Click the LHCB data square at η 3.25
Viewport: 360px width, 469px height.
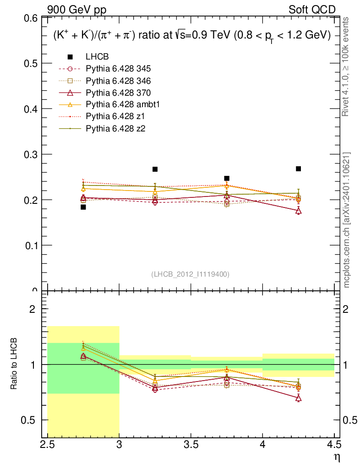[155, 169]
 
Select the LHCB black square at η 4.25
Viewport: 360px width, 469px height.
[298, 169]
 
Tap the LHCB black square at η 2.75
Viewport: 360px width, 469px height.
[83, 207]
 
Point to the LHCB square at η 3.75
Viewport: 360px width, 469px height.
[227, 178]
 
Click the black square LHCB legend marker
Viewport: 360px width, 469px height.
[70, 57]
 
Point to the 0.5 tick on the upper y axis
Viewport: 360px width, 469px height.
[31, 63]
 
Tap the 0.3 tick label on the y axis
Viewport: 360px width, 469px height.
[31, 154]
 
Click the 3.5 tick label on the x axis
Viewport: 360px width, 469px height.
[191, 444]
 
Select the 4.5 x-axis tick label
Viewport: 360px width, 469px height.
[334, 444]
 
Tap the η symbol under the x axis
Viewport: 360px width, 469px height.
[337, 457]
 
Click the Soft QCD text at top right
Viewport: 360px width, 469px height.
[312, 10]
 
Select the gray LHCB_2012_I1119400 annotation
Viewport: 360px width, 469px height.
[190, 274]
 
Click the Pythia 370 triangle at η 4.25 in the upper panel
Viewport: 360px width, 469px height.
[298, 211]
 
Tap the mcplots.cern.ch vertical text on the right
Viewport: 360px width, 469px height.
[347, 220]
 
